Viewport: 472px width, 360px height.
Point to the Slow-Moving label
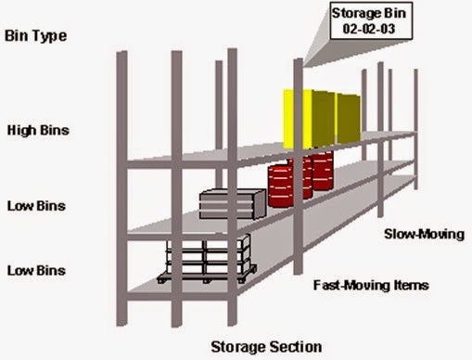coord(423,234)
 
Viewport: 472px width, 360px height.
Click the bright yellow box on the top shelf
coord(295,119)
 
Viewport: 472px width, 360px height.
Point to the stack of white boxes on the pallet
coord(208,254)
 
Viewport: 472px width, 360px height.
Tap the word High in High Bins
coord(22,129)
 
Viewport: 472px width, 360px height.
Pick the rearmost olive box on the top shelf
coord(348,116)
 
